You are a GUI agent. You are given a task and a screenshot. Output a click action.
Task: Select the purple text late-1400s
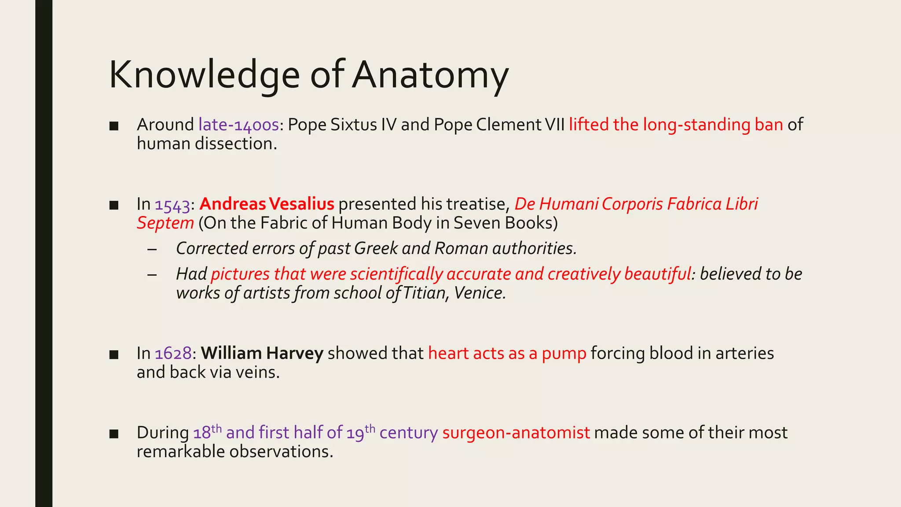[238, 125]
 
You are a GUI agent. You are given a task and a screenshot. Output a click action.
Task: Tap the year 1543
[172, 205]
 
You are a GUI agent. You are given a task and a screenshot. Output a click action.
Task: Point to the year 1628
[173, 354]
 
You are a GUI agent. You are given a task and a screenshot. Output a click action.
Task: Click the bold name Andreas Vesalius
[267, 204]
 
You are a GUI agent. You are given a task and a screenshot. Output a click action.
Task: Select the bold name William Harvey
[262, 354]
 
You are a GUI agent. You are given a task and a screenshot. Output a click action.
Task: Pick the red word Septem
[165, 224]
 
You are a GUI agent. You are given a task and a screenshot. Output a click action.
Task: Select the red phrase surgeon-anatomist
[516, 433]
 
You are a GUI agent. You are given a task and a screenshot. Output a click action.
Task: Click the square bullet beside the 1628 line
[114, 355]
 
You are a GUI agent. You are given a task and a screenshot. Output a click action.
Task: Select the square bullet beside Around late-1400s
[114, 126]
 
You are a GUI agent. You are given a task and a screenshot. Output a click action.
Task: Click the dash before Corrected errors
[152, 249]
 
